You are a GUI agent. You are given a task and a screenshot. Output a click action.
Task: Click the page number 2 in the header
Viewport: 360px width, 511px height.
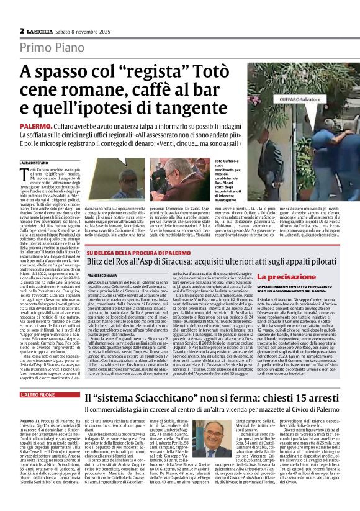22,30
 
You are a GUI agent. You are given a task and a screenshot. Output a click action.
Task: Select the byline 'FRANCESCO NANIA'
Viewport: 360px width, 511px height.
103,275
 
